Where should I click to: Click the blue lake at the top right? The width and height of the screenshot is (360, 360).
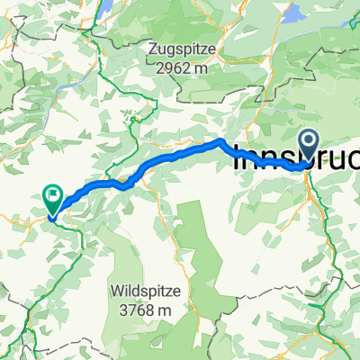click(x=293, y=13)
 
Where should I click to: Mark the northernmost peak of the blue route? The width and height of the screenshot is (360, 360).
click(x=219, y=142)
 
